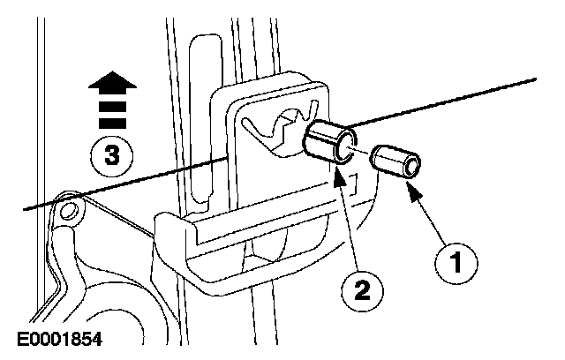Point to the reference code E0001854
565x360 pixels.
[x=64, y=338]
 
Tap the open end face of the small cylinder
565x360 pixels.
[x=411, y=167]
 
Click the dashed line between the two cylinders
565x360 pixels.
[x=364, y=152]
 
